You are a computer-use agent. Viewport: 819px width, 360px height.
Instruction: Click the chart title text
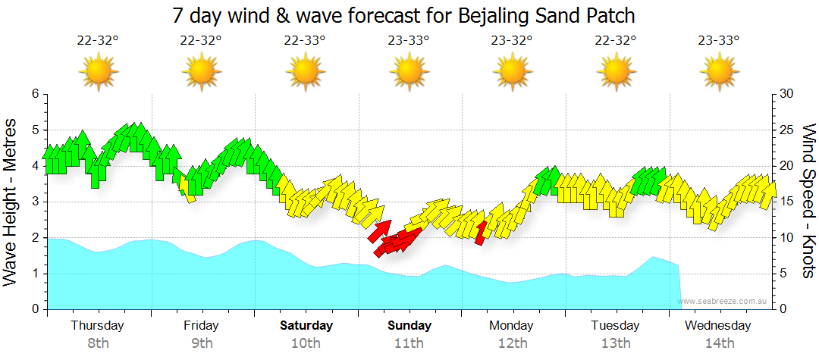click(x=403, y=15)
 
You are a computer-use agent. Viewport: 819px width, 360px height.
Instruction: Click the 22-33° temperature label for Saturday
click(x=305, y=41)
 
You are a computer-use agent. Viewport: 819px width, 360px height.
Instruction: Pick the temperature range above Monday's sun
click(x=511, y=41)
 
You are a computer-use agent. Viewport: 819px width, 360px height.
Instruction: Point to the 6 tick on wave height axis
click(x=35, y=94)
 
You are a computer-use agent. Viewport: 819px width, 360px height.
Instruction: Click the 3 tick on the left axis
click(x=35, y=202)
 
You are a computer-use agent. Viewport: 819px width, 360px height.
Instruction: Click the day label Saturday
click(x=306, y=326)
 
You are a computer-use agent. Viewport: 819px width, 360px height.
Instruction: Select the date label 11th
click(x=409, y=343)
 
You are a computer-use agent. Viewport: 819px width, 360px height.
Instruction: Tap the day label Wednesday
click(x=717, y=326)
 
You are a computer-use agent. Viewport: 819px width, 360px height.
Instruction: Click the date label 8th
click(x=98, y=343)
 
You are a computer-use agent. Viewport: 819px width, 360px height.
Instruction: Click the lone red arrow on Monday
click(x=479, y=233)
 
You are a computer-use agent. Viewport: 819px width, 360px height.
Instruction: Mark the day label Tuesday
click(x=615, y=326)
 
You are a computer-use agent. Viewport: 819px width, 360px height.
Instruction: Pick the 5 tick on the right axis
click(x=783, y=274)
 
